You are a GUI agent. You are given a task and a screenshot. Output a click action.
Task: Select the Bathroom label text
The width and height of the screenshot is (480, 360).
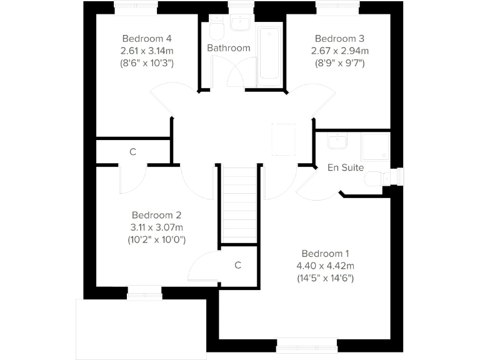(x=229, y=48)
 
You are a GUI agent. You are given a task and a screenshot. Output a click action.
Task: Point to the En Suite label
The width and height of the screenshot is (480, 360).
(x=346, y=167)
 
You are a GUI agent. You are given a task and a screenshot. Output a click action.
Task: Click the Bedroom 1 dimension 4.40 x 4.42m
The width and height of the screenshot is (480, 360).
(x=325, y=266)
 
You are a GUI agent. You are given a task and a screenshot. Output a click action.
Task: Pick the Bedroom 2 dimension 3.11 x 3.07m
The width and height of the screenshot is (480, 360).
(x=157, y=227)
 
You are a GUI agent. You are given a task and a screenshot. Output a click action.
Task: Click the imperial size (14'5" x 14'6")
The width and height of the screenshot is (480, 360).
(x=325, y=278)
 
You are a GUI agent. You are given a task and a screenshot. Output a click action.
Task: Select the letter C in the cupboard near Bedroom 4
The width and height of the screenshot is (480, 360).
(x=132, y=152)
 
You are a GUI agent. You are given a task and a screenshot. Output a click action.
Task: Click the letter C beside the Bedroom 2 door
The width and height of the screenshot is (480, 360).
(x=238, y=265)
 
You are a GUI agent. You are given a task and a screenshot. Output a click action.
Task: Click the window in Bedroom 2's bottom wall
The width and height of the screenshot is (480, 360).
(x=144, y=290)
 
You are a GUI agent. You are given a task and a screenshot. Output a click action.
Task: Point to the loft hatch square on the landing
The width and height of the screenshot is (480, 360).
(x=282, y=139)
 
